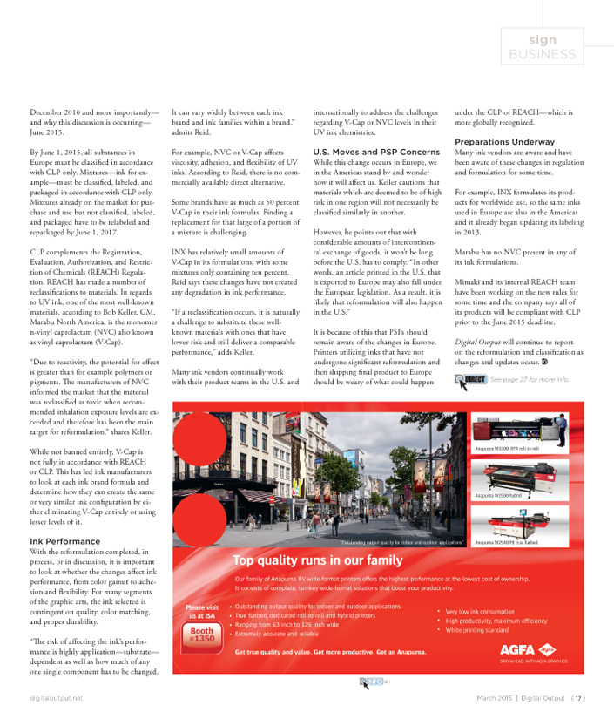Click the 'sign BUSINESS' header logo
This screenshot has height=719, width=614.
click(x=554, y=47)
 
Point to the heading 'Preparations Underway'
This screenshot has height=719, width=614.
click(x=504, y=141)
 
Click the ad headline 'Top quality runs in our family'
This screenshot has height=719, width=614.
click(x=318, y=560)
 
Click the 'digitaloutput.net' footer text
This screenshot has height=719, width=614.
click(x=55, y=698)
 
